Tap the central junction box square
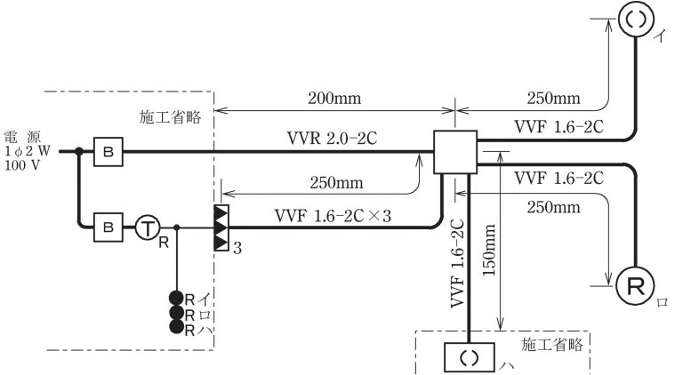pyautogui.click(x=454, y=152)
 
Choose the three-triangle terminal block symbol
pyautogui.click(x=222, y=227)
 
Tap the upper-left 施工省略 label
pyautogui.click(x=169, y=116)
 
